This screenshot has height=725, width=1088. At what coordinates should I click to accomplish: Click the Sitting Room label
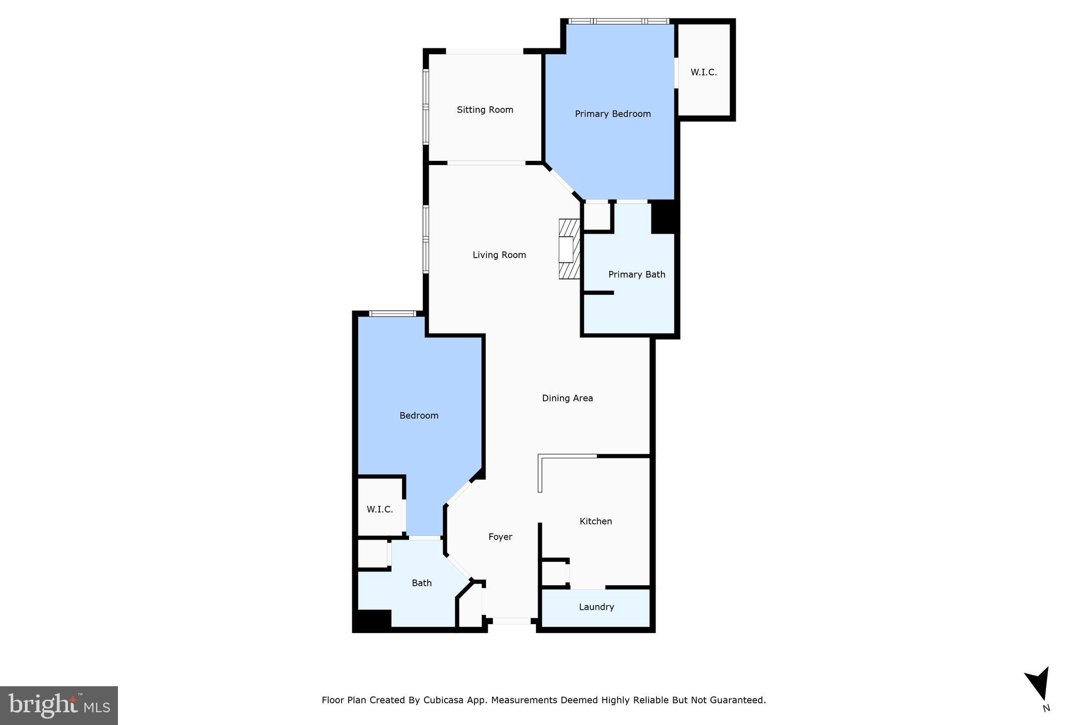click(484, 110)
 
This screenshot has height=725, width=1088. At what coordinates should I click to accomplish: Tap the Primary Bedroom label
click(613, 114)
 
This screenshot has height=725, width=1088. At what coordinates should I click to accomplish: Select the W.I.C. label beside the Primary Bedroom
click(703, 72)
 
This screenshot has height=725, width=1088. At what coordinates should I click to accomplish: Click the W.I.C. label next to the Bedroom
click(379, 509)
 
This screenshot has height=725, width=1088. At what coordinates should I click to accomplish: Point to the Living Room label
click(499, 255)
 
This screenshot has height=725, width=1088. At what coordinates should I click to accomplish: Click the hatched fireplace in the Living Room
click(569, 249)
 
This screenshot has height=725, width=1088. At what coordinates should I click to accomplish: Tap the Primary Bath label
click(636, 275)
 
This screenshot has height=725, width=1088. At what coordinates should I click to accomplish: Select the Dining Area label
click(567, 398)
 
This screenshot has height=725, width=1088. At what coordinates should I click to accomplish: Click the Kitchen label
click(596, 521)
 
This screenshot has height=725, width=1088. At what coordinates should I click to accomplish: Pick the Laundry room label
click(596, 607)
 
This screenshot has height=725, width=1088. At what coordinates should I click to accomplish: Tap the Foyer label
click(500, 537)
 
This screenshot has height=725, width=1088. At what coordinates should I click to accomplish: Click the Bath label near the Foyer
click(421, 583)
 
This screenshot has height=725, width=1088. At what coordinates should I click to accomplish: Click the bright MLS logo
click(59, 705)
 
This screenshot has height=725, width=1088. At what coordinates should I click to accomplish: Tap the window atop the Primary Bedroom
click(618, 21)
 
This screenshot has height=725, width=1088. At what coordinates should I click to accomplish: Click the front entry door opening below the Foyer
click(511, 620)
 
